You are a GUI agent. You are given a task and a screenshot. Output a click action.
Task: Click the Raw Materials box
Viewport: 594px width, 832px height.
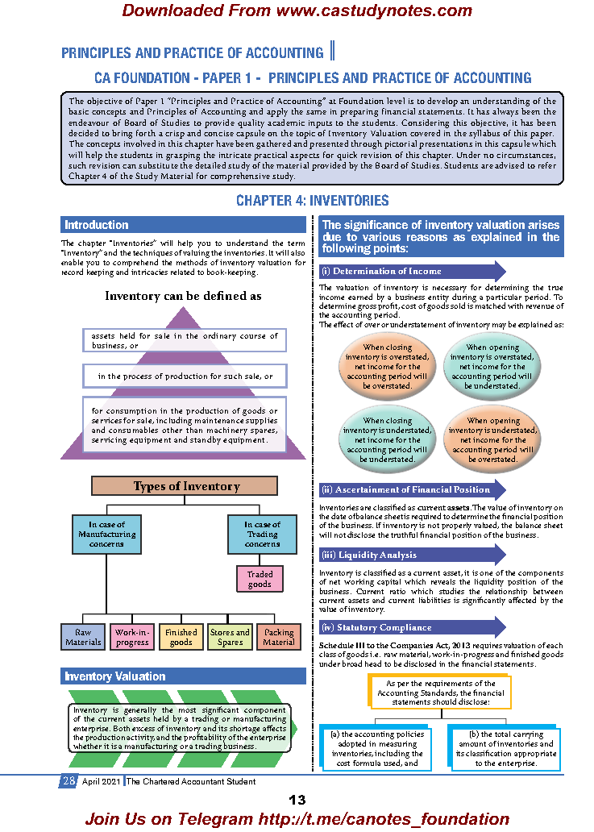click(84, 637)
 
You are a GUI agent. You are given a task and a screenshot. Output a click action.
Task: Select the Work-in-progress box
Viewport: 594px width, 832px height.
click(132, 637)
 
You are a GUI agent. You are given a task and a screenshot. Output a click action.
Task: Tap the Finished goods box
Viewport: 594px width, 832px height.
click(181, 637)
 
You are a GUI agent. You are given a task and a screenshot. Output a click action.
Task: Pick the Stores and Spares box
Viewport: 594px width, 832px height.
click(231, 637)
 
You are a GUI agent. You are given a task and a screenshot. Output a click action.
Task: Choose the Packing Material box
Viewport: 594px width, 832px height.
click(279, 637)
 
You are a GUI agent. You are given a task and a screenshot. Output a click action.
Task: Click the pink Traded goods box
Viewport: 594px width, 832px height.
click(260, 579)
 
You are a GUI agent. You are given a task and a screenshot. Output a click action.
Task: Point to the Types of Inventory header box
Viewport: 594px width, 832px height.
click(185, 486)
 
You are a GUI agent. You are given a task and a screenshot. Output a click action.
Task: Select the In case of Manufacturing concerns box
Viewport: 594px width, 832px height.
click(106, 534)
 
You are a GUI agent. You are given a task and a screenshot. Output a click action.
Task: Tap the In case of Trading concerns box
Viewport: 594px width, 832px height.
click(263, 534)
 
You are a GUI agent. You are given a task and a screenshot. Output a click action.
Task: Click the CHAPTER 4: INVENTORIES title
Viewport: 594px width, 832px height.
click(312, 200)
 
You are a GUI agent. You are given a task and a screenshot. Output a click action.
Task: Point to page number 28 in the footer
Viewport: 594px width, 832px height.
click(69, 781)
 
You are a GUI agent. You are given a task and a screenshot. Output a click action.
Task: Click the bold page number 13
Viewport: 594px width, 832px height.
click(297, 800)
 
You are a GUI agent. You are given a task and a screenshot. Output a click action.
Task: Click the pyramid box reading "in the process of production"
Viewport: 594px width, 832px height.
click(185, 376)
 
